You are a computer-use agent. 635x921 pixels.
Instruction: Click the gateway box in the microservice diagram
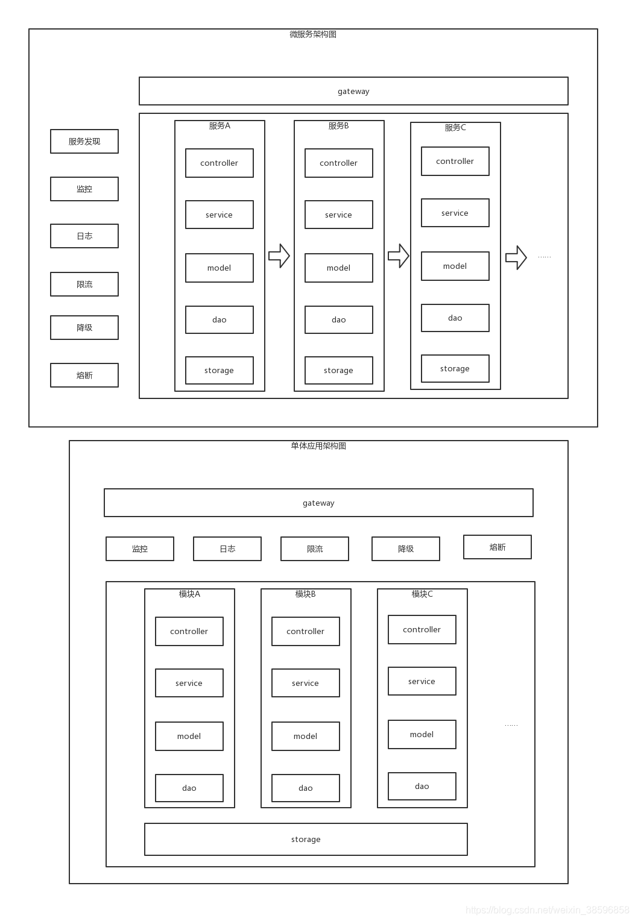pos(353,91)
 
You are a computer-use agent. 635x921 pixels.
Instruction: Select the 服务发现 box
pos(84,142)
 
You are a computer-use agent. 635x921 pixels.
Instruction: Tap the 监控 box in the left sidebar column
pos(84,189)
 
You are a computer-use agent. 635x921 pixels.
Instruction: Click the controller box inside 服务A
pos(219,163)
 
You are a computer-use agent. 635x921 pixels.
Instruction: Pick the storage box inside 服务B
pos(338,370)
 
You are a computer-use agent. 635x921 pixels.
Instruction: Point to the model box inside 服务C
pos(455,266)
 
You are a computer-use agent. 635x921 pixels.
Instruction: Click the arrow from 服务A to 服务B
pos(279,256)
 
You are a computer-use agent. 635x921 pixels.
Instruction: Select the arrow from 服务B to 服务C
pos(399,256)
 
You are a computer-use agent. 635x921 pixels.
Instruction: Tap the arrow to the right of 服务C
pos(516,258)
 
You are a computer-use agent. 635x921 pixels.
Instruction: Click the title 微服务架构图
pos(313,34)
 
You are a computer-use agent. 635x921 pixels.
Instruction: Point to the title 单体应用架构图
pos(318,446)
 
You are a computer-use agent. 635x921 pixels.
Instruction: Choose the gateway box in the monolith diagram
pos(318,503)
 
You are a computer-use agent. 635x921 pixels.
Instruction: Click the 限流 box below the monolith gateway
pos(315,549)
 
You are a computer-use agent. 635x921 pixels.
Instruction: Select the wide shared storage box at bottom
pos(306,839)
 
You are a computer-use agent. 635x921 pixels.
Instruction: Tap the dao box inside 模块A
pos(189,788)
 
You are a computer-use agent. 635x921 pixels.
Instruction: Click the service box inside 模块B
pos(305,683)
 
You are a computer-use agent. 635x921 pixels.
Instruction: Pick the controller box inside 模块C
pos(422,630)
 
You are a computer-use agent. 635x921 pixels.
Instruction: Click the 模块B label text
pos(306,594)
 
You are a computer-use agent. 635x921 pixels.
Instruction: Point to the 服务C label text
pos(455,128)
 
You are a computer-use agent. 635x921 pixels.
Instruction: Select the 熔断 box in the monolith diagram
pos(498,547)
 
